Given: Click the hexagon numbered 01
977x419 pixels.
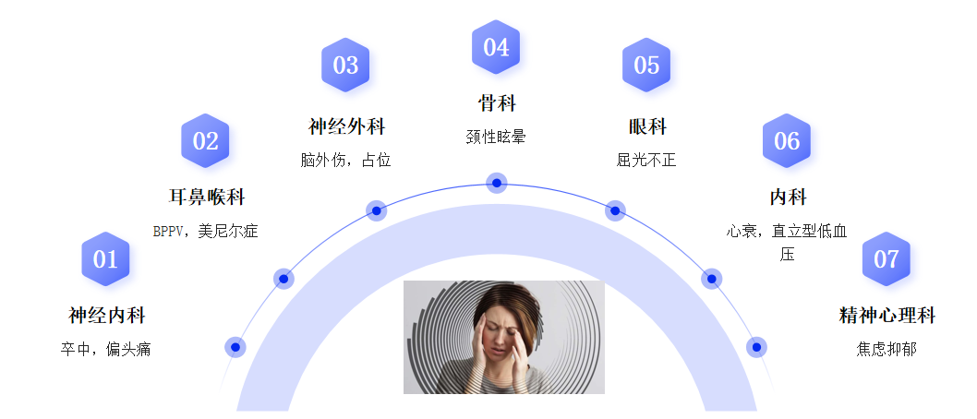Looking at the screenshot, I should click(105, 259).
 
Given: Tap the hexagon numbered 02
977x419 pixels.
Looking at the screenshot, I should click(205, 141).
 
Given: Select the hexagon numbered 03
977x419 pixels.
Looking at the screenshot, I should click(345, 66).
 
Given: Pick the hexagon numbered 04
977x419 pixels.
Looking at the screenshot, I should click(496, 47).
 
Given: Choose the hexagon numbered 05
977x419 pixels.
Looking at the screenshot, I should click(646, 66).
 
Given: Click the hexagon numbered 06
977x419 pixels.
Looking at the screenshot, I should click(787, 141).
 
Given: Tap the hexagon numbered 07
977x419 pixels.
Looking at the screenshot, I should click(887, 259).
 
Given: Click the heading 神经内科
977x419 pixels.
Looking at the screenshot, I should click(107, 316).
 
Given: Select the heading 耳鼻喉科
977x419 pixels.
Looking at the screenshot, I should click(207, 198).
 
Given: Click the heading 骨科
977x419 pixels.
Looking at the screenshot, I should click(496, 102).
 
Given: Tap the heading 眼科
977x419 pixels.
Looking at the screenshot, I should click(646, 126).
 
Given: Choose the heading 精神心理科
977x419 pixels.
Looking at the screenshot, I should click(887, 316).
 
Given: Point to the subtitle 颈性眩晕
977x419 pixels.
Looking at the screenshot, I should click(496, 137).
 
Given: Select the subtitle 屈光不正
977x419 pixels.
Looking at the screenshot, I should click(646, 161).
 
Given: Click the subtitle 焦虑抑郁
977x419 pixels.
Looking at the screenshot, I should click(887, 350).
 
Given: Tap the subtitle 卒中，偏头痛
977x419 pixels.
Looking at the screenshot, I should click(106, 350).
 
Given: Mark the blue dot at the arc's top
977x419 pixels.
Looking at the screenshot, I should click(497, 183).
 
